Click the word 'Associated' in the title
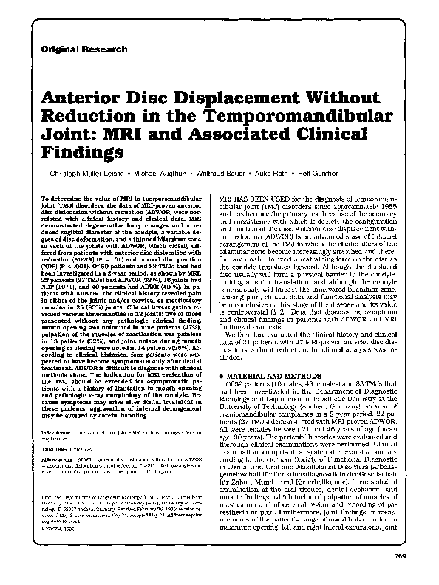(x=234, y=137)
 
